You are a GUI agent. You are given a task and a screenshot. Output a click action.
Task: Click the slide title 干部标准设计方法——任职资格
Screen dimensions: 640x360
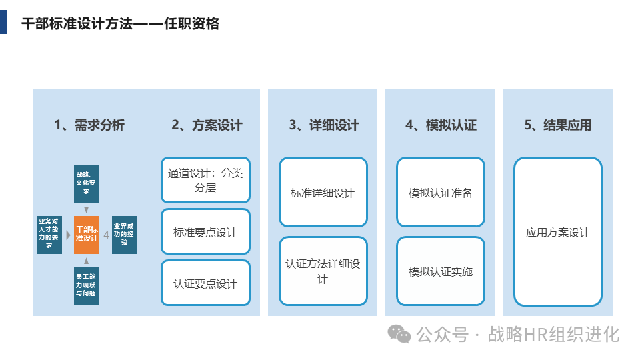pyautogui.click(x=120, y=24)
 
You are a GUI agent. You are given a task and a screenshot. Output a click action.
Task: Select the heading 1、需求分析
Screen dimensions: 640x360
pyautogui.click(x=89, y=125)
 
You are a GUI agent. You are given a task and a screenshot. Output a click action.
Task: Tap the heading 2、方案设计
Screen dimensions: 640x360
pyautogui.click(x=207, y=125)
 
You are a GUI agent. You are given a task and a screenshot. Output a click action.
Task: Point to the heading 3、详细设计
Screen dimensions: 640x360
pyautogui.click(x=324, y=125)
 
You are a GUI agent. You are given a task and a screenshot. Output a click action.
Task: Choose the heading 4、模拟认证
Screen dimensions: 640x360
pyautogui.click(x=441, y=125)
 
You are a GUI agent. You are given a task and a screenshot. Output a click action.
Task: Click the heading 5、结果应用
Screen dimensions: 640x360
pyautogui.click(x=558, y=125)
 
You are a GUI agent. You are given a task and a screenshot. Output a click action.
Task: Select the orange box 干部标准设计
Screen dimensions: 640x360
pyautogui.click(x=87, y=235)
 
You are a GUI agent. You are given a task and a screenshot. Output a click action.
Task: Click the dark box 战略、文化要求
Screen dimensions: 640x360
pyautogui.click(x=87, y=183)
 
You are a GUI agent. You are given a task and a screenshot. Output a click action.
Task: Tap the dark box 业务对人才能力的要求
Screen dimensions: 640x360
pyautogui.click(x=49, y=235)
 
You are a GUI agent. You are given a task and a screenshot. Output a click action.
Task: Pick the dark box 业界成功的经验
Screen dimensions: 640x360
pyautogui.click(x=125, y=235)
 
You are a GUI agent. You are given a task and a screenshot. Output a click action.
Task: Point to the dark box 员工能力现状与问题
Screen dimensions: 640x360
pyautogui.click(x=87, y=285)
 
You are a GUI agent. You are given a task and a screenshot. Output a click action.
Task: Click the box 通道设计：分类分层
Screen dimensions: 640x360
pyautogui.click(x=205, y=180)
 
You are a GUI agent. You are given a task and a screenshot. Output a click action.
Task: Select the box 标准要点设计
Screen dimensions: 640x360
pyautogui.click(x=205, y=232)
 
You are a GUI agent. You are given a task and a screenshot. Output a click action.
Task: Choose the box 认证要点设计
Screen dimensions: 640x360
pyautogui.click(x=205, y=283)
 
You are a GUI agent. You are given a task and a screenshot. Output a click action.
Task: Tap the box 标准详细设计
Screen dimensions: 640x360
pyautogui.click(x=323, y=193)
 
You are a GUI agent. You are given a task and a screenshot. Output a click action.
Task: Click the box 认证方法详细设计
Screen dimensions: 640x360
pyautogui.click(x=323, y=271)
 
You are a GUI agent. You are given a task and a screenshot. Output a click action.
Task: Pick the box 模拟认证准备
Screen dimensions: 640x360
pyautogui.click(x=441, y=193)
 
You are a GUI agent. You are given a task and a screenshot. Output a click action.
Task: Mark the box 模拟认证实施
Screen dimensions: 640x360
pyautogui.click(x=441, y=271)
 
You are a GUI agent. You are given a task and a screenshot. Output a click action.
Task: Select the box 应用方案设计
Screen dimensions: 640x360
pyautogui.click(x=558, y=232)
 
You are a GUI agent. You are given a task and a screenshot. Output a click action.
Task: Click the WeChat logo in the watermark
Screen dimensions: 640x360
pyautogui.click(x=400, y=333)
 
